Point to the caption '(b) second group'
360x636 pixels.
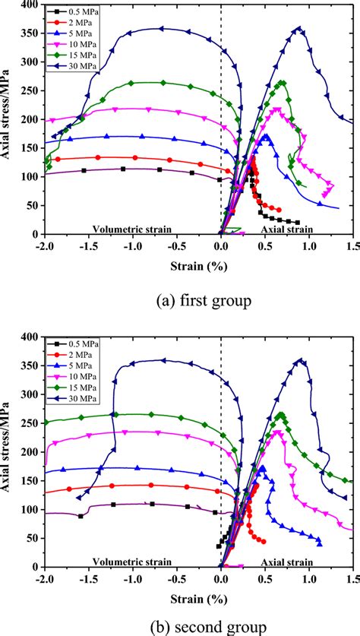point(179,627)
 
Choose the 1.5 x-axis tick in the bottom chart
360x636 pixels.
point(352,578)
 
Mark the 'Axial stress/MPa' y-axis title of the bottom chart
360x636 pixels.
point(8,452)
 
